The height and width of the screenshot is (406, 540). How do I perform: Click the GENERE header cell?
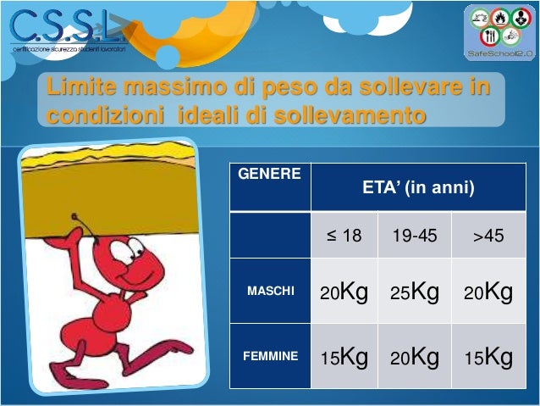pos(270,175)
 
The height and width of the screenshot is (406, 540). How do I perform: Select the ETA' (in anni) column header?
pos(418,187)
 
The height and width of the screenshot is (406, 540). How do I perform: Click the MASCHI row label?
pos(270,292)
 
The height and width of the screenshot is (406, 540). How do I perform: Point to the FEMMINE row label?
pos(270,357)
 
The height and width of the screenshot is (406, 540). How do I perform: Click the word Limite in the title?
pos(81,87)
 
